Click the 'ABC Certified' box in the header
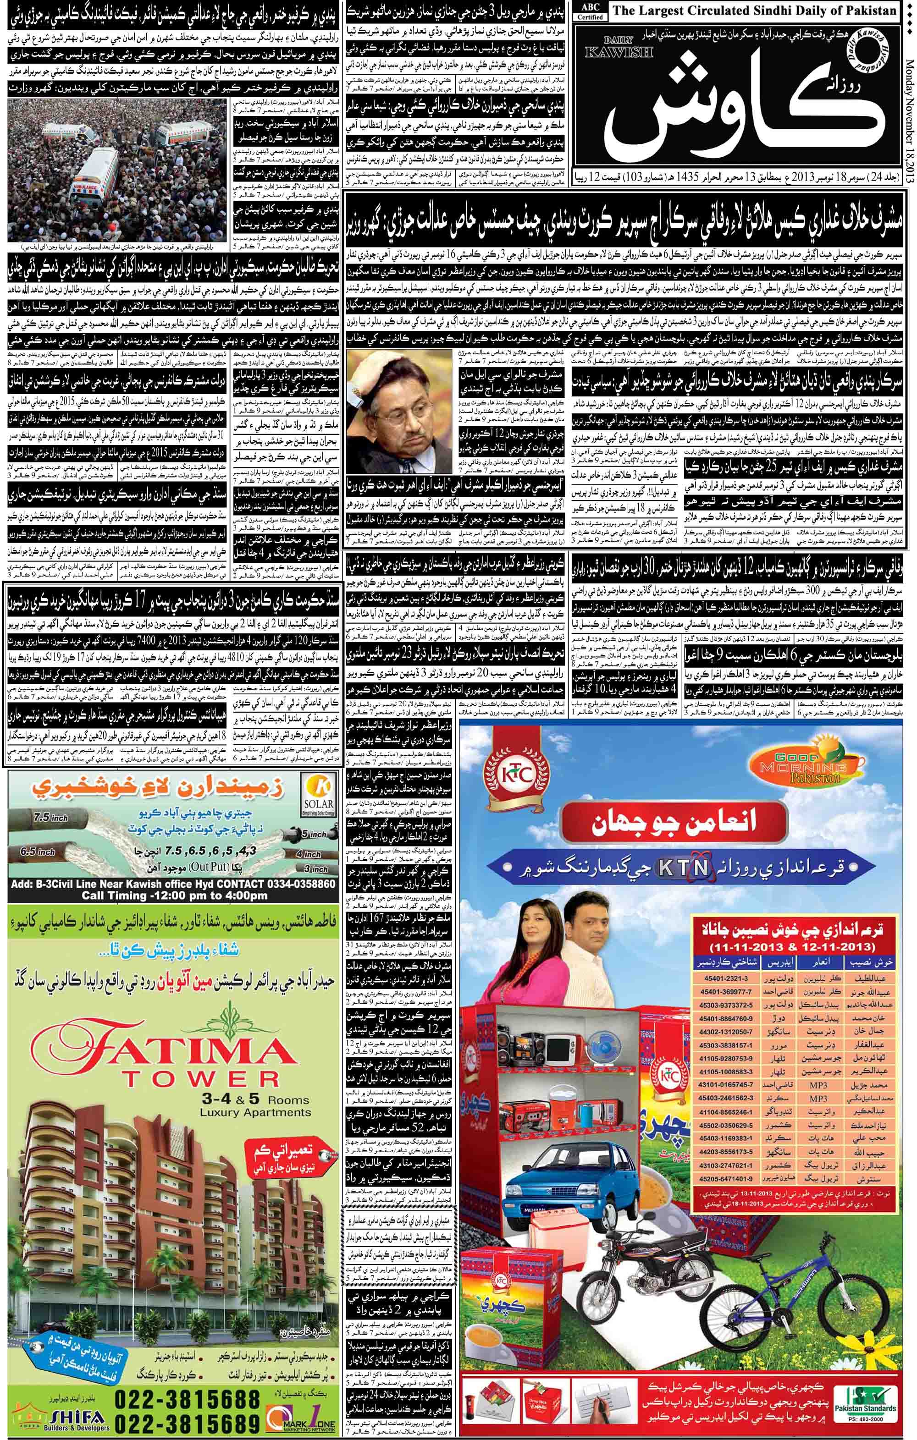tap(590, 11)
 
